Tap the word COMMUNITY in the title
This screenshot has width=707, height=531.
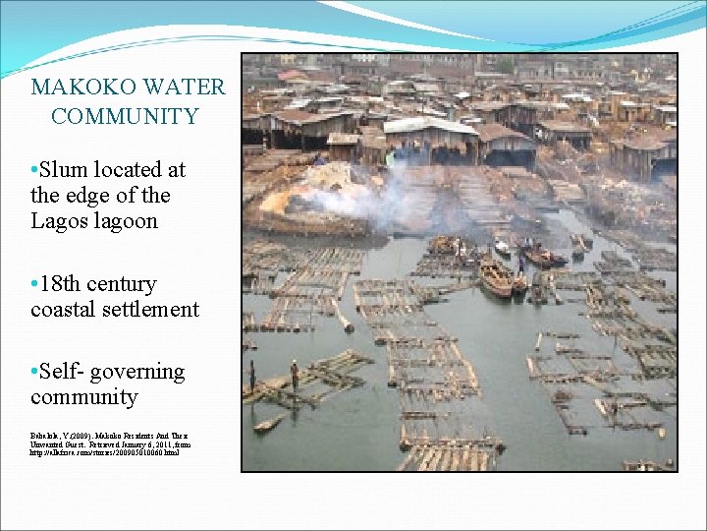(125, 117)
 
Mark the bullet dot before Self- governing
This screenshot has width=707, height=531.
(34, 373)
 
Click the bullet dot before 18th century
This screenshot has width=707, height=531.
(34, 285)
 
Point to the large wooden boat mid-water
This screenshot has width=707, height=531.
(496, 278)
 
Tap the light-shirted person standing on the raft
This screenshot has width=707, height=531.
(294, 374)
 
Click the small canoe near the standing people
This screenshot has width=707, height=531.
(266, 425)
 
